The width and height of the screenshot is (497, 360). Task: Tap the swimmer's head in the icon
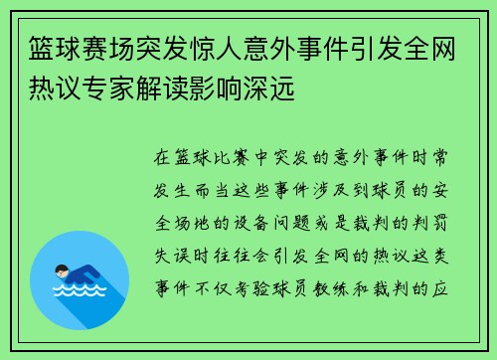coord(62,270)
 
